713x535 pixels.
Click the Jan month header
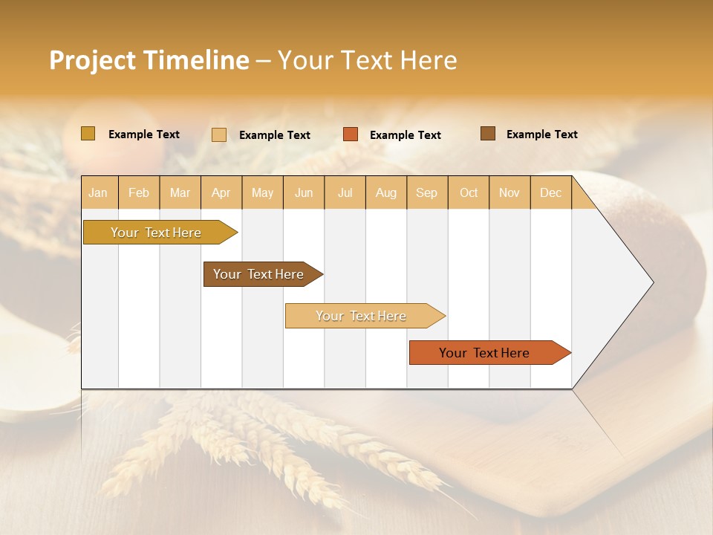[98, 192]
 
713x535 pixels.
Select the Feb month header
[139, 192]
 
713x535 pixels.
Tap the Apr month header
[221, 192]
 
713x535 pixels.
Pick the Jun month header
[304, 192]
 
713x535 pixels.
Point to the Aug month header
[385, 192]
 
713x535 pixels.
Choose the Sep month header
[426, 192]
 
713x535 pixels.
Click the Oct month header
[469, 192]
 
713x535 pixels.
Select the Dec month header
[550, 192]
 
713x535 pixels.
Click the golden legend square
[88, 134]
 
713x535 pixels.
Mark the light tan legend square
[219, 134]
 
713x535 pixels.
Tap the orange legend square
[351, 134]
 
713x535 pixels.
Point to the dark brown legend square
[488, 134]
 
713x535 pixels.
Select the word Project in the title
[91, 60]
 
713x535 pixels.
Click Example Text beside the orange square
[405, 135]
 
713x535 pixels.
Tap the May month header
[262, 192]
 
